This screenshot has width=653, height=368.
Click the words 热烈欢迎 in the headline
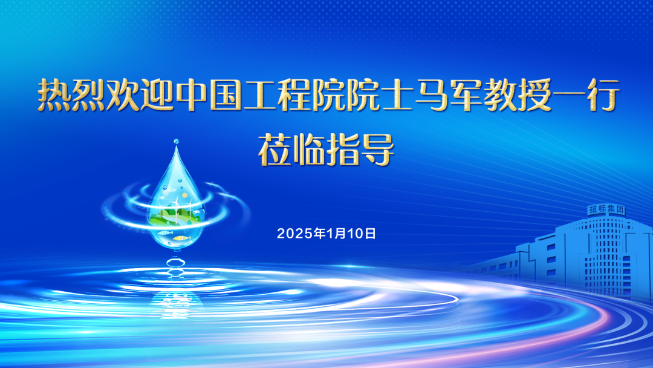click(105, 96)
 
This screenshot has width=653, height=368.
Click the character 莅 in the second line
click(275, 149)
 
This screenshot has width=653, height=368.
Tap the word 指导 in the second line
click(360, 149)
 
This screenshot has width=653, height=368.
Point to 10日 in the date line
click(362, 234)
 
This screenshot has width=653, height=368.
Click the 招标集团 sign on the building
click(606, 209)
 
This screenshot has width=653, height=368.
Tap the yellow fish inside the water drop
click(182, 238)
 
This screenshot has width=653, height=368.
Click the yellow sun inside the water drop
click(184, 195)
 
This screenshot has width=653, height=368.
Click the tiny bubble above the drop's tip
click(176, 142)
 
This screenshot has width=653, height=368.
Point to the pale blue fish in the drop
click(165, 232)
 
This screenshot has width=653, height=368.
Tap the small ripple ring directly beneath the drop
click(176, 263)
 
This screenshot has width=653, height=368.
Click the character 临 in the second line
click(309, 149)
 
